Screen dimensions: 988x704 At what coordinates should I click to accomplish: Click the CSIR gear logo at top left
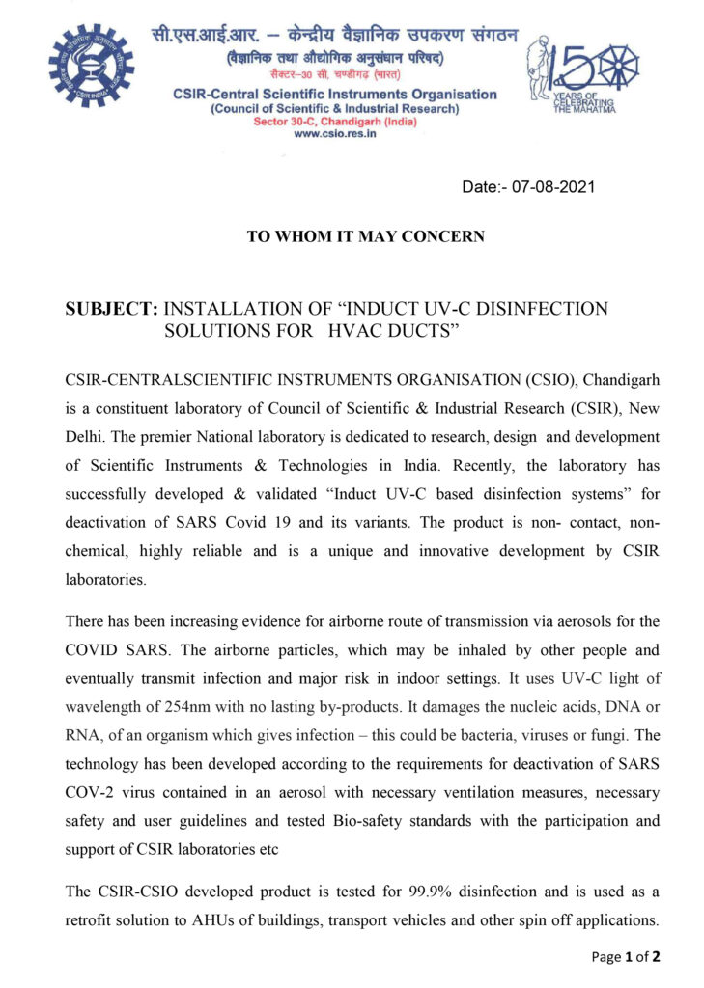[x=92, y=66]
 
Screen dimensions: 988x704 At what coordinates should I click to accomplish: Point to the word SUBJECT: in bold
[x=111, y=309]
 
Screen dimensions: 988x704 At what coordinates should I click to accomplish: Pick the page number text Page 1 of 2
[x=627, y=957]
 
